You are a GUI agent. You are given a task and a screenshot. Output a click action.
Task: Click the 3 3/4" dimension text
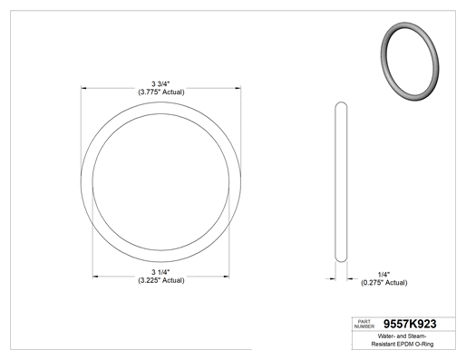point(160,83)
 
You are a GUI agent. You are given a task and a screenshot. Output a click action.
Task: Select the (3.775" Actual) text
point(161,92)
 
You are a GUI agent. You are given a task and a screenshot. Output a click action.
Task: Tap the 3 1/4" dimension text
point(160,272)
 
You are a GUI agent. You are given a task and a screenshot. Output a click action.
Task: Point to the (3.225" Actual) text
point(161,280)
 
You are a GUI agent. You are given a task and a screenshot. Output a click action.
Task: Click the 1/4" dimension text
point(383,275)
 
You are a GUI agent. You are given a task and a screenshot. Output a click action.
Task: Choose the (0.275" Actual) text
point(384,283)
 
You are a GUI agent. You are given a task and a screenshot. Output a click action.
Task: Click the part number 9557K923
point(410,324)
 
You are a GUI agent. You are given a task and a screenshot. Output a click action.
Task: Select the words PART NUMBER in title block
point(364,324)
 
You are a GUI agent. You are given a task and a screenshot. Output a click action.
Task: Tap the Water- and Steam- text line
point(402,336)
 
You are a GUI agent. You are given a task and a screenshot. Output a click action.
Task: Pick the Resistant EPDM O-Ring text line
point(403,344)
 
